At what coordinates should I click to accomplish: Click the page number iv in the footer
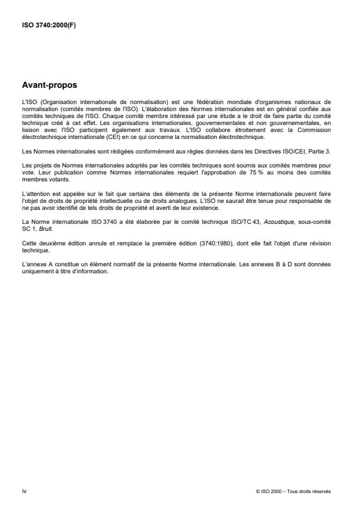[23, 491]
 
